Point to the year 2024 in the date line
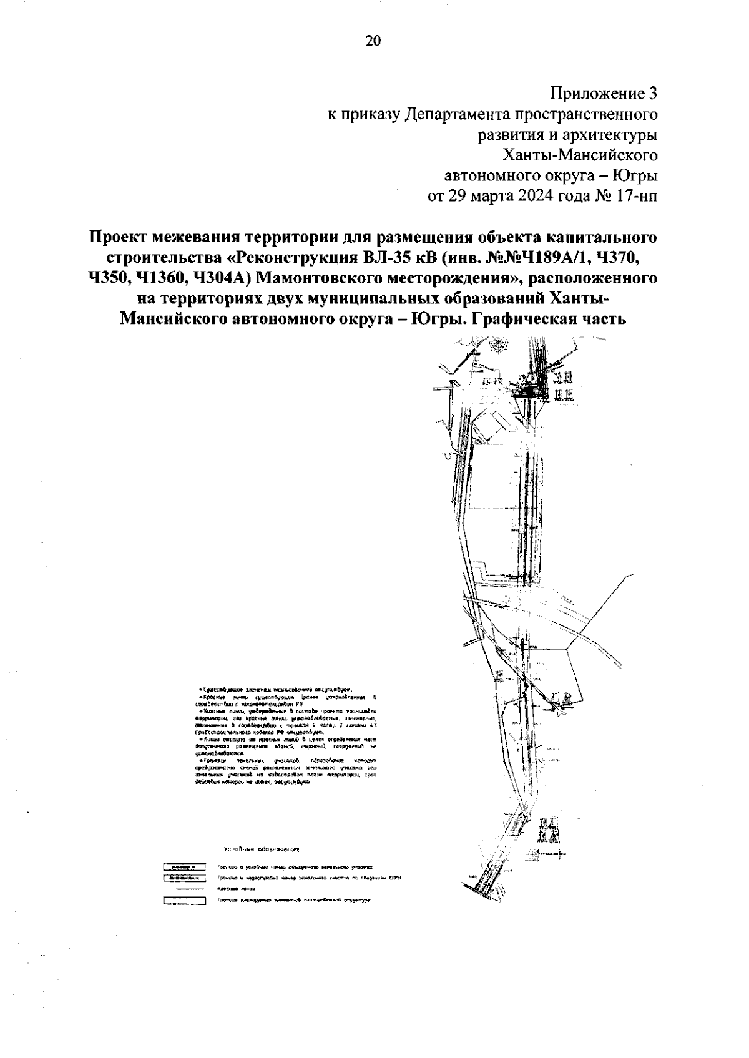[x=534, y=195]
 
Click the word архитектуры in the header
[x=610, y=135]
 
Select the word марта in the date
[x=490, y=195]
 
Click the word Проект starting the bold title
[x=120, y=238]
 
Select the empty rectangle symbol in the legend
[x=184, y=901]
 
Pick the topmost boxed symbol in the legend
[x=184, y=867]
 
